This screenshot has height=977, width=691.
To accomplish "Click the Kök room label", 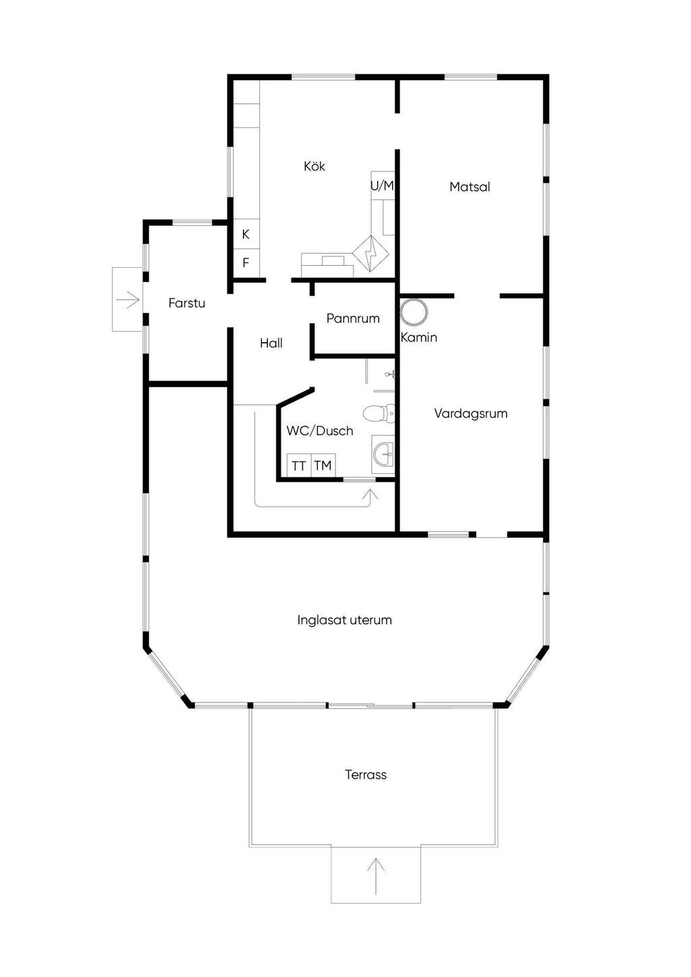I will (x=314, y=166).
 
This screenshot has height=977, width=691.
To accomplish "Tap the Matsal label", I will (x=470, y=187).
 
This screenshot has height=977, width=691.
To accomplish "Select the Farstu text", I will (x=187, y=303).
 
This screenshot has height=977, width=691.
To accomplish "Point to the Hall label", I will (x=271, y=343).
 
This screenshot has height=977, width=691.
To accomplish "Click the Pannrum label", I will (x=353, y=318).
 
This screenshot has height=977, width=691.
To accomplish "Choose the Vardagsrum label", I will (x=470, y=414).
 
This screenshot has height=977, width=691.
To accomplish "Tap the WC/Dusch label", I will (x=320, y=430).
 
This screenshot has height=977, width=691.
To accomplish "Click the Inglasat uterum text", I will (x=344, y=620).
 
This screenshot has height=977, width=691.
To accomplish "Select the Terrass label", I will (x=366, y=775).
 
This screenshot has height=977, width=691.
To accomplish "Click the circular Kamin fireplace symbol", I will (x=414, y=312).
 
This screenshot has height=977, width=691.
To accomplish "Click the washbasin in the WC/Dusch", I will (x=383, y=454).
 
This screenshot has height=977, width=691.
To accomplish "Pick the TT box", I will (x=299, y=466).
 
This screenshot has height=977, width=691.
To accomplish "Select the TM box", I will (x=323, y=466).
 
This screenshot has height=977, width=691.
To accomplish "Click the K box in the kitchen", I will (x=246, y=234).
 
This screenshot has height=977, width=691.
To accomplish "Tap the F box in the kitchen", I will (x=246, y=263).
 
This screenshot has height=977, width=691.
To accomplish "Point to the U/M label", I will (x=382, y=185).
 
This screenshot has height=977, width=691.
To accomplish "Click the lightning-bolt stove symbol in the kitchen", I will (x=370, y=252).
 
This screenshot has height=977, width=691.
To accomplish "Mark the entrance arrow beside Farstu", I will (x=128, y=298).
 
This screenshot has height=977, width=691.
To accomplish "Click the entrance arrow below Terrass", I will (x=376, y=876).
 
